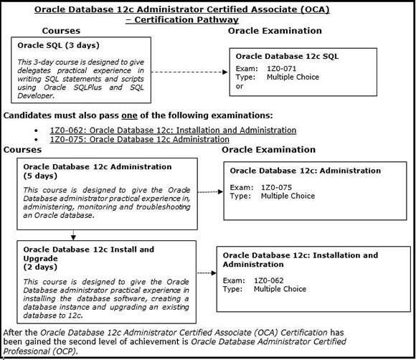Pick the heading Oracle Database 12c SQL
click(287, 56)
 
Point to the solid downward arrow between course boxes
click(72, 235)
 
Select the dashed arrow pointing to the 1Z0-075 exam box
click(210, 191)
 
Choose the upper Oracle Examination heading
click(275, 31)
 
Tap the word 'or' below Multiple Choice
click(240, 85)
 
